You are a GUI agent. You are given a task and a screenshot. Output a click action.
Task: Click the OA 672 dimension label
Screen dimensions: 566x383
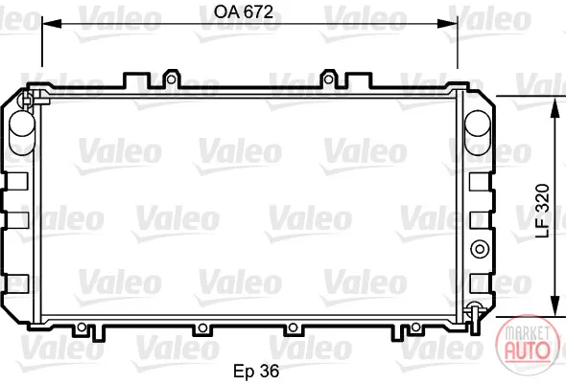pos(244,12)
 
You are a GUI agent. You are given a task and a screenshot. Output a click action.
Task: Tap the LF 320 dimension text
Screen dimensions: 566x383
pos(543,211)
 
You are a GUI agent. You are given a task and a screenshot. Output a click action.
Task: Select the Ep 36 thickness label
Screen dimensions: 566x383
pos(256,371)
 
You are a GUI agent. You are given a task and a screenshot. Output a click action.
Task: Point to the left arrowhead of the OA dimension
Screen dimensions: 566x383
pos(52,24)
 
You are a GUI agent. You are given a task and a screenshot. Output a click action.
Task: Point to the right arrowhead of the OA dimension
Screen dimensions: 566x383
pos(448,24)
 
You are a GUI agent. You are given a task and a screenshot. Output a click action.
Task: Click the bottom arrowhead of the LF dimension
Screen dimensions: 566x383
pos(554,306)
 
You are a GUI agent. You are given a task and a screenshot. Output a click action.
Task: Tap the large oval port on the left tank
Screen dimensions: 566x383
pos(22,132)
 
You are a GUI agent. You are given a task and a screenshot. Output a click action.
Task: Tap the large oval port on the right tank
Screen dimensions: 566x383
pos(478,132)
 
